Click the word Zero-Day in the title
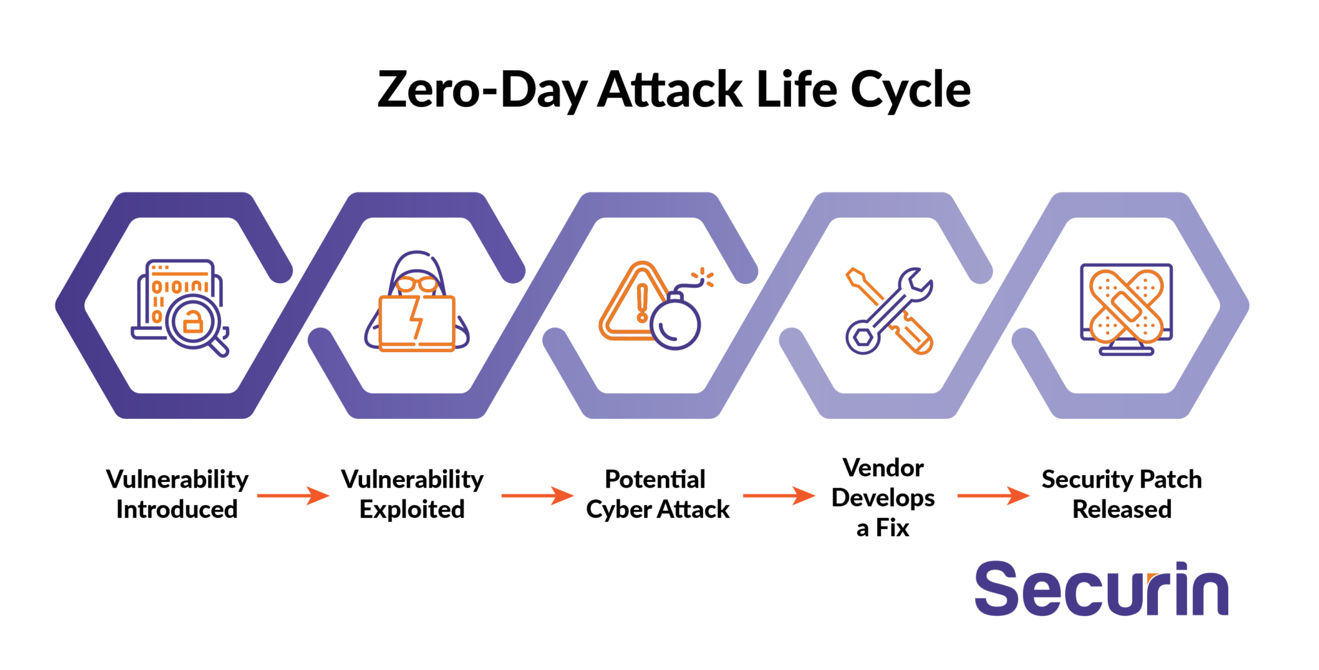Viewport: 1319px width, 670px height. click(x=481, y=89)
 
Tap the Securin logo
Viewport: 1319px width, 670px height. click(x=1101, y=589)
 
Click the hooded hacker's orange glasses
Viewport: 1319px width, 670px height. click(x=417, y=284)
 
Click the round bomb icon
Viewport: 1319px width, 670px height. click(x=676, y=320)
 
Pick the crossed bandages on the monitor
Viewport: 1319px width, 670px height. click(x=1126, y=305)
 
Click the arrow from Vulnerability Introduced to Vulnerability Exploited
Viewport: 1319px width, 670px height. click(x=293, y=496)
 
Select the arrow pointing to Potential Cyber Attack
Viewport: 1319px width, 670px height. click(x=537, y=496)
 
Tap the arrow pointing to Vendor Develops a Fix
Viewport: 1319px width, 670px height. click(x=779, y=496)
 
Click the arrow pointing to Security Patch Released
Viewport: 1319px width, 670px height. click(x=994, y=496)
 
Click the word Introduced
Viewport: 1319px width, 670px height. click(x=177, y=509)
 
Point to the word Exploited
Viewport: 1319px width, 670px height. click(x=412, y=509)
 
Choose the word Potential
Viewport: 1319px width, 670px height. click(x=655, y=479)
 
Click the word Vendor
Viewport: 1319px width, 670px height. click(x=883, y=468)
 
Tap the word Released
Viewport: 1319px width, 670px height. click(x=1122, y=509)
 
